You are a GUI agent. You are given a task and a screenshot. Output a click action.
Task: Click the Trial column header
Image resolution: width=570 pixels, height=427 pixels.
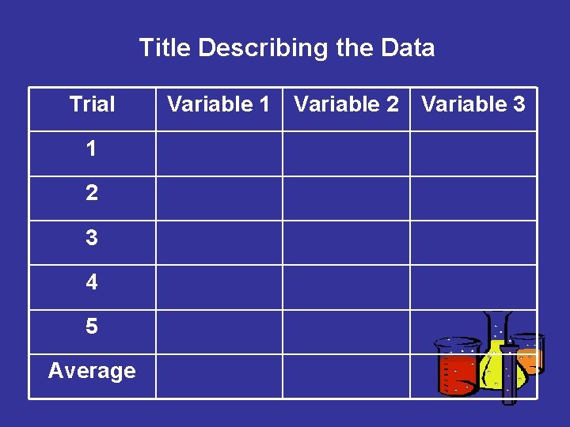point(92,104)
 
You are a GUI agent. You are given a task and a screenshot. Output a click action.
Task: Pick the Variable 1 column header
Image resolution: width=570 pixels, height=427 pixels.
point(218,104)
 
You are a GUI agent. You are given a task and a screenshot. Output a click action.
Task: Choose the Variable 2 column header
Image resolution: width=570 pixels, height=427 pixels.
point(346,104)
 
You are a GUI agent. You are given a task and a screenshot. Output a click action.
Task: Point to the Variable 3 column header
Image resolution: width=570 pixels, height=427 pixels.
point(473,104)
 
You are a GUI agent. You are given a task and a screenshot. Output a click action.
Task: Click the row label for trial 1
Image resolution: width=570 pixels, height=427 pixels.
point(92,149)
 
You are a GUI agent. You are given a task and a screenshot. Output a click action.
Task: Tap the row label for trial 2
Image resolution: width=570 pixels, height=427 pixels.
point(92,193)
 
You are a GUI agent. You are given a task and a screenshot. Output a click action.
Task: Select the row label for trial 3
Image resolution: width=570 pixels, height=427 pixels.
point(92,237)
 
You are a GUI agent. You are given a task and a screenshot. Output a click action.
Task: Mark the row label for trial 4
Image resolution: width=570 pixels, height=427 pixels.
point(92,282)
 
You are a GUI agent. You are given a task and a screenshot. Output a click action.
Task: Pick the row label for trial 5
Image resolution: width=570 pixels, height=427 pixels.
point(92,327)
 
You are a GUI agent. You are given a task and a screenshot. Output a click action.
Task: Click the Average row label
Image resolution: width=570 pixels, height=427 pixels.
point(92,370)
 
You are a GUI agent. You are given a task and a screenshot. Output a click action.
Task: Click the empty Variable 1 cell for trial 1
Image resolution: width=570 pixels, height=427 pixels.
point(218,153)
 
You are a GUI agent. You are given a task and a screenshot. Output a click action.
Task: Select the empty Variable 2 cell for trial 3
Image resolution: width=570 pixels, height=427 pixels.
point(346,242)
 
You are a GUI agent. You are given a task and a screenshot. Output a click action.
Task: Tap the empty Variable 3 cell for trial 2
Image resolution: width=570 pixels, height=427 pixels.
point(473,198)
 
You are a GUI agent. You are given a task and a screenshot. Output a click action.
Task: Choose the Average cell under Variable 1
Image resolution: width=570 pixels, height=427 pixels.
point(218,376)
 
